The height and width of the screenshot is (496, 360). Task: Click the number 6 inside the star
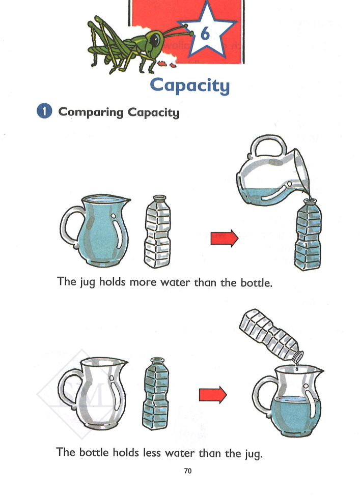click(x=205, y=34)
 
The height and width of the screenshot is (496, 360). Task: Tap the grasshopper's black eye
click(x=155, y=40)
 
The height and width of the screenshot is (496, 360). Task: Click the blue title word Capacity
click(x=189, y=85)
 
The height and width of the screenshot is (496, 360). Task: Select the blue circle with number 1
click(x=44, y=111)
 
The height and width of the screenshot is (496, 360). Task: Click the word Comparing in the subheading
click(x=91, y=112)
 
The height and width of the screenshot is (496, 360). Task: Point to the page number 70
click(x=187, y=471)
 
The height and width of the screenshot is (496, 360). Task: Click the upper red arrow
click(x=225, y=238)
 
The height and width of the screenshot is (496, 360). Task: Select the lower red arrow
click(x=213, y=394)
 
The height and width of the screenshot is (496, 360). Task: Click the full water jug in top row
click(x=95, y=231)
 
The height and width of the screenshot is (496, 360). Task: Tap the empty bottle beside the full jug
click(x=157, y=231)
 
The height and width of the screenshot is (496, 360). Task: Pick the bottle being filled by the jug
click(x=308, y=235)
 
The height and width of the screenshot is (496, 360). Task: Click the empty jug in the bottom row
click(x=93, y=394)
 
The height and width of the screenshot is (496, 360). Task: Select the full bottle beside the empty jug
click(x=155, y=394)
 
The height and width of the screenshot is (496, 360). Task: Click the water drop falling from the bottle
click(x=297, y=368)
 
